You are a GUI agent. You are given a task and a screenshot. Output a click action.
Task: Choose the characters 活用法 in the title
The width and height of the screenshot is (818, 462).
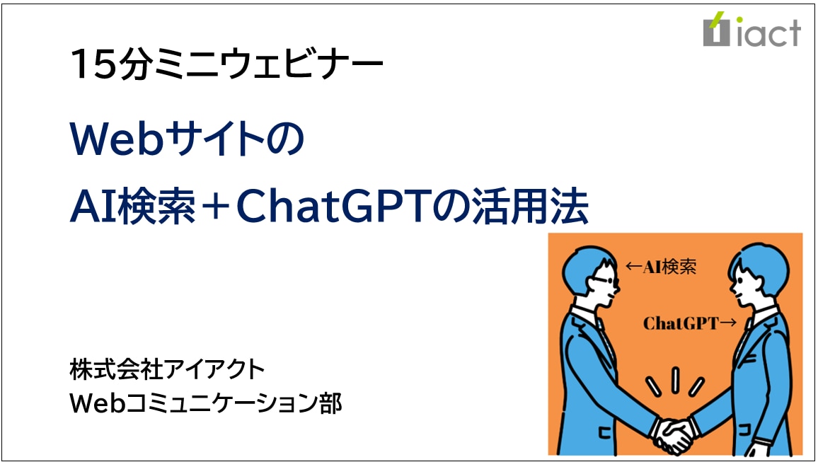point(530,207)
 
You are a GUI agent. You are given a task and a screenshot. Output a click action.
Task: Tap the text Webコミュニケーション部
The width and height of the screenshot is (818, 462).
point(205,403)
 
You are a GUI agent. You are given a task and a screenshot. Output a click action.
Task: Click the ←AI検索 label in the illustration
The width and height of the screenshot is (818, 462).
point(661,267)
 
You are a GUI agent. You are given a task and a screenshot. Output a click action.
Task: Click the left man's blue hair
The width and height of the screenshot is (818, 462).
point(587,266)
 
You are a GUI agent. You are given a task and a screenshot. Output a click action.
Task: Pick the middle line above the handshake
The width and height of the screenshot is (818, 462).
point(675,380)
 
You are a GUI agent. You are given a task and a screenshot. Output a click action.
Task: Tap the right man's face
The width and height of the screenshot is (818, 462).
point(744,289)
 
